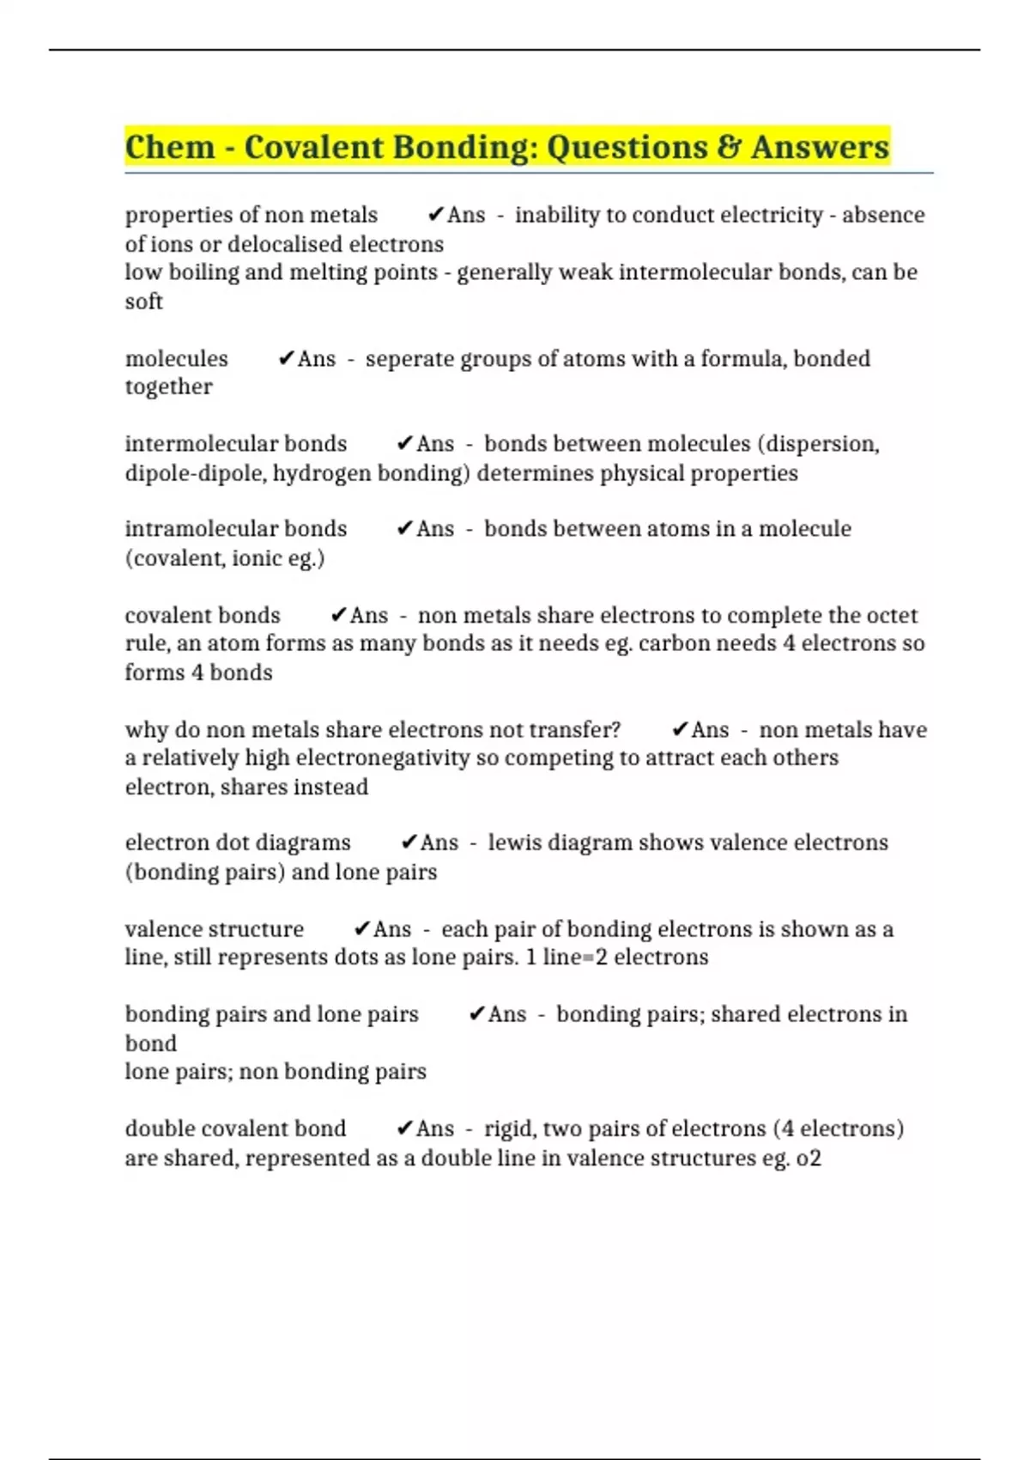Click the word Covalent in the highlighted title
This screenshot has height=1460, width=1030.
point(313,147)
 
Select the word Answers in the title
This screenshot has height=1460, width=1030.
point(820,147)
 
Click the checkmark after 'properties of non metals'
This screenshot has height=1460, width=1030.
point(435,215)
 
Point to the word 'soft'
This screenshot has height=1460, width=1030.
point(143,301)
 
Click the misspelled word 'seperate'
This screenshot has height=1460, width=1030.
point(409,358)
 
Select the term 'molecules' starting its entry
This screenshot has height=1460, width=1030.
point(176,358)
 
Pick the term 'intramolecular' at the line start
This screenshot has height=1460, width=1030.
point(190,529)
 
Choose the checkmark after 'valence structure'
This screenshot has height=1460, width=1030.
point(361,929)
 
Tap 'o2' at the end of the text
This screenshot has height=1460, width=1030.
point(809,1159)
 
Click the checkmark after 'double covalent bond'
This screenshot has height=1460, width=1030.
point(404,1128)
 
